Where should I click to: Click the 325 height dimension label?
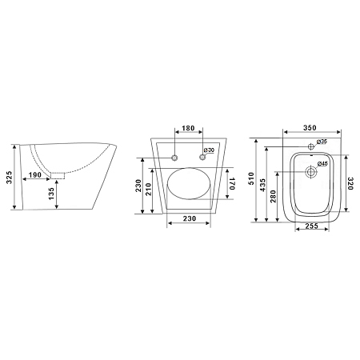pyautogui.click(x=9, y=178)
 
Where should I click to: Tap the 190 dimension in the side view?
pyautogui.click(x=35, y=175)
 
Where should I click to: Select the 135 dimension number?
pyautogui.click(x=51, y=194)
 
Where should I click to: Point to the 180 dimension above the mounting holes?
pyautogui.click(x=188, y=128)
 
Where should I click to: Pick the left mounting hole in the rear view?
pyautogui.click(x=174, y=158)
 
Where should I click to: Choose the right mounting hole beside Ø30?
pyautogui.click(x=202, y=158)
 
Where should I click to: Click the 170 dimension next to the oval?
pyautogui.click(x=231, y=183)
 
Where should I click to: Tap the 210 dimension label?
pyautogui.click(x=149, y=189)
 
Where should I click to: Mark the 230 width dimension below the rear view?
pyautogui.click(x=190, y=218)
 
